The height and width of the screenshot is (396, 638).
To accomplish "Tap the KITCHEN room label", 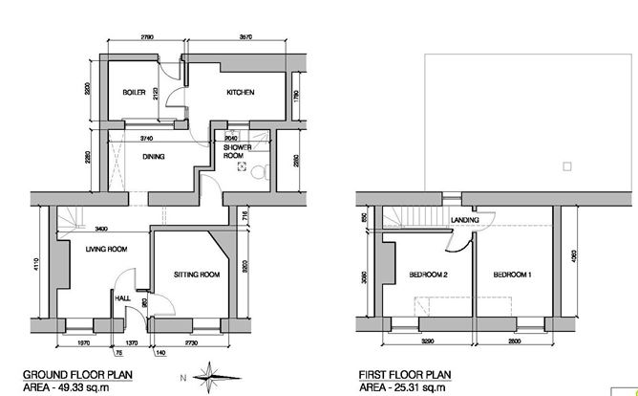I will click(x=239, y=93).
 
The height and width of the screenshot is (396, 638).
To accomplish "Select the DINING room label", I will click(x=155, y=156).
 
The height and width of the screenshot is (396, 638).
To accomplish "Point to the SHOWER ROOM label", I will click(x=237, y=152).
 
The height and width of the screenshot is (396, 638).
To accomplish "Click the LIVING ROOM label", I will click(x=105, y=250).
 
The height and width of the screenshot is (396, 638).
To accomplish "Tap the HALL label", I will click(x=122, y=297).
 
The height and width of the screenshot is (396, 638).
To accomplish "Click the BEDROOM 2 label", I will click(x=429, y=275).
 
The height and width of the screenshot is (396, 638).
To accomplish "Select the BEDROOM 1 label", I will click(x=512, y=275).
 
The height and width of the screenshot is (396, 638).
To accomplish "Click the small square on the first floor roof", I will click(x=567, y=166).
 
